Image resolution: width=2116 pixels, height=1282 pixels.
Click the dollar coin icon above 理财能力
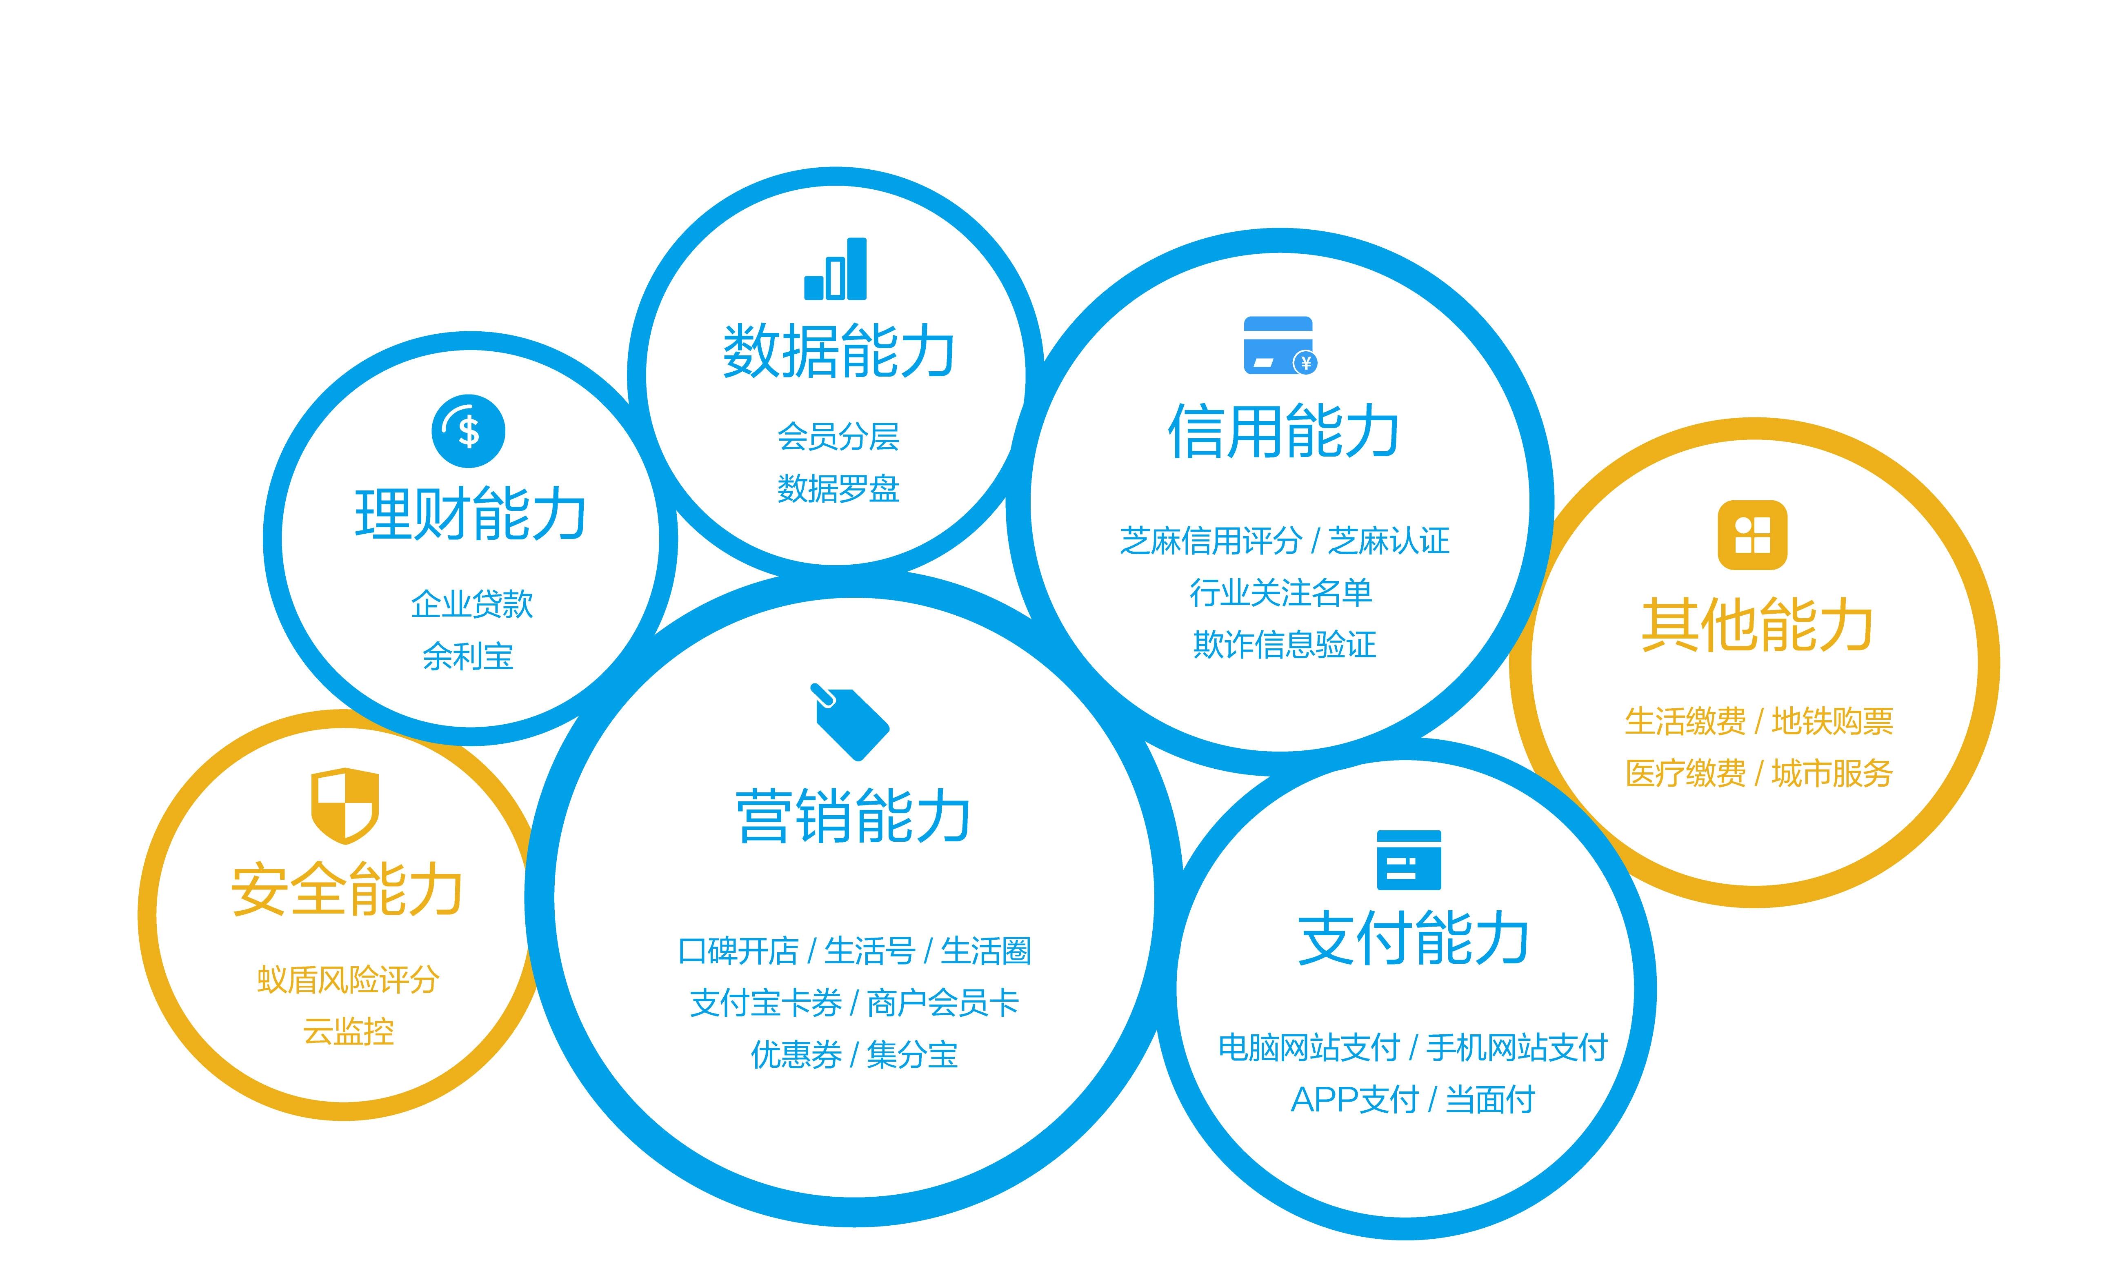pyautogui.click(x=468, y=431)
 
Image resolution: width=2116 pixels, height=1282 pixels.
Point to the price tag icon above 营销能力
pyautogui.click(x=850, y=721)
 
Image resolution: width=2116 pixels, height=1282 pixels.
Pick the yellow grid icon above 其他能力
pyautogui.click(x=1752, y=535)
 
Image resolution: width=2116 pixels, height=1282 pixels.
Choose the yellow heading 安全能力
pyautogui.click(x=347, y=889)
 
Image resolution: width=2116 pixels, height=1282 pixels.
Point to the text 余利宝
pyautogui.click(x=468, y=657)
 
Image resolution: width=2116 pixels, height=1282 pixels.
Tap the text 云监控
pyautogui.click(x=348, y=1031)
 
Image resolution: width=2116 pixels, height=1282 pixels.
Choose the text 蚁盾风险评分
pyautogui.click(x=348, y=980)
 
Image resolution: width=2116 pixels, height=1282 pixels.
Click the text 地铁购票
pyautogui.click(x=1832, y=721)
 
